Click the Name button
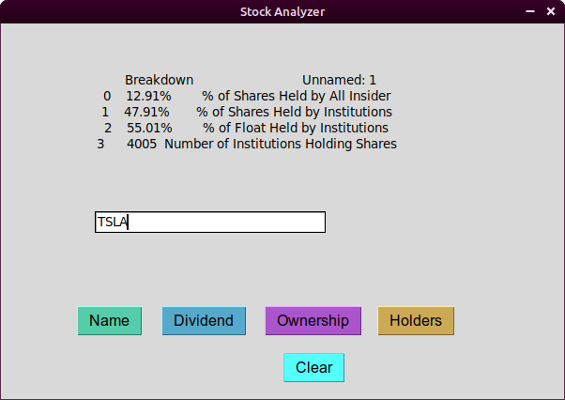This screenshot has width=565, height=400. [x=110, y=321]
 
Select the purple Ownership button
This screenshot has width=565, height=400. [x=313, y=321]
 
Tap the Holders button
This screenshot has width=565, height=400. [x=416, y=321]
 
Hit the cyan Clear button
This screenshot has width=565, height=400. [x=313, y=367]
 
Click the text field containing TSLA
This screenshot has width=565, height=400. [x=210, y=222]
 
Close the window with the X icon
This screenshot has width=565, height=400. [x=551, y=11]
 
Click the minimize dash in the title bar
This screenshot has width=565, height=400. [x=530, y=11]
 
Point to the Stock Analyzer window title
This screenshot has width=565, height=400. [x=282, y=12]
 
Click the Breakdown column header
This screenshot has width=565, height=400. [x=160, y=80]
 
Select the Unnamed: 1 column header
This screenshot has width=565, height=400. [x=339, y=80]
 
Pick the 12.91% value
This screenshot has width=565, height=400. [x=148, y=96]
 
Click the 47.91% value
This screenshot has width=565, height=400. [x=146, y=112]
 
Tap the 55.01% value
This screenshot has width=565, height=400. [x=149, y=128]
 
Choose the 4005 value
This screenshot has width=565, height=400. [x=142, y=145]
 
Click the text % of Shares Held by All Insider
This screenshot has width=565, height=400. [x=297, y=96]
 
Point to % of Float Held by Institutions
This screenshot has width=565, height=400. [x=296, y=128]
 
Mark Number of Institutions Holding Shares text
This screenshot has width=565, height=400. [x=281, y=145]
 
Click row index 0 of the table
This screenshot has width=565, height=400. [x=107, y=96]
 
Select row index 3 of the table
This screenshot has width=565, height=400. [x=100, y=145]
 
